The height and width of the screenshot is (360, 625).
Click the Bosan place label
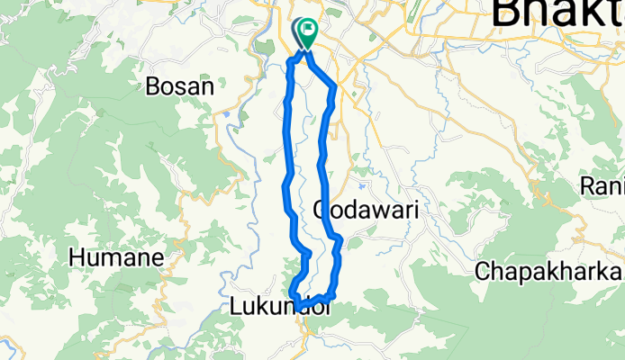[x=180, y=87]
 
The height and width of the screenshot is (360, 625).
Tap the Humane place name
[x=116, y=257]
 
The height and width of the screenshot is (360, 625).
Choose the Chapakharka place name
[x=548, y=270]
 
